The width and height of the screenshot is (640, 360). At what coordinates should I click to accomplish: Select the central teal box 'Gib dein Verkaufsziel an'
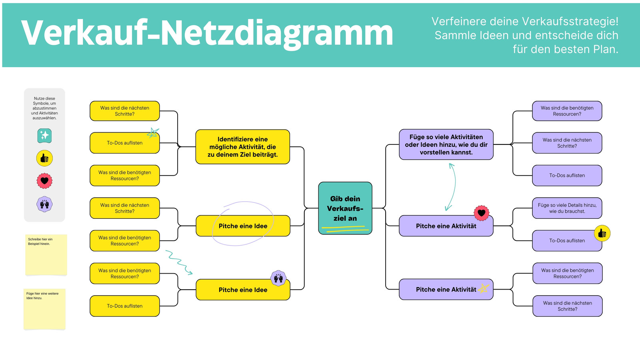(x=345, y=208)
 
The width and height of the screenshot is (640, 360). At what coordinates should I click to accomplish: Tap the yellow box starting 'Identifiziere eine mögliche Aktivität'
(x=242, y=147)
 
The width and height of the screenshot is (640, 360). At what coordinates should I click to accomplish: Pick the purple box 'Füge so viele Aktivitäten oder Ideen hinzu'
(x=446, y=144)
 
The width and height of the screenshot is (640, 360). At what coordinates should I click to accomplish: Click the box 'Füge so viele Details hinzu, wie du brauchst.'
(x=567, y=208)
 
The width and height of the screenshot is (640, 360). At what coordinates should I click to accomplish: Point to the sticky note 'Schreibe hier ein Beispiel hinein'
(x=46, y=255)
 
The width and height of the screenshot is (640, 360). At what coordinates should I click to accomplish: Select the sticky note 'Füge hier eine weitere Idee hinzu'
(x=44, y=309)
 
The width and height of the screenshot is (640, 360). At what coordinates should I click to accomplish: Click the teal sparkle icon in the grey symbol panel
(x=44, y=136)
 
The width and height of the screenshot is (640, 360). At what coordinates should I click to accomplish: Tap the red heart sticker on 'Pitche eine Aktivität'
(x=482, y=213)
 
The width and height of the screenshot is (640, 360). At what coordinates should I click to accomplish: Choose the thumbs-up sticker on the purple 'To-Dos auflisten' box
(x=602, y=234)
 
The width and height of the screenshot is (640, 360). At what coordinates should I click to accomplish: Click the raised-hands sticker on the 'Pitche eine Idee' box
(x=278, y=278)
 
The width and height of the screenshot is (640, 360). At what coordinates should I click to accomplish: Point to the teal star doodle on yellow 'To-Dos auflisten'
(x=153, y=133)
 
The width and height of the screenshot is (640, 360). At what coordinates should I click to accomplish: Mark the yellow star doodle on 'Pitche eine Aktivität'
(x=484, y=288)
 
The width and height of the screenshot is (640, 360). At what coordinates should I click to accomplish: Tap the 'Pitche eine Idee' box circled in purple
(x=243, y=226)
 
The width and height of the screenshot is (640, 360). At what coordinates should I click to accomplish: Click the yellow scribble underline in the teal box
(x=345, y=228)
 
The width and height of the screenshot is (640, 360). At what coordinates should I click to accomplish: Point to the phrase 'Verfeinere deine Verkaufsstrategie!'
(x=525, y=22)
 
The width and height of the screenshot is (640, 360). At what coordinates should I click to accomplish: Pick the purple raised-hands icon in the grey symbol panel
(x=44, y=204)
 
